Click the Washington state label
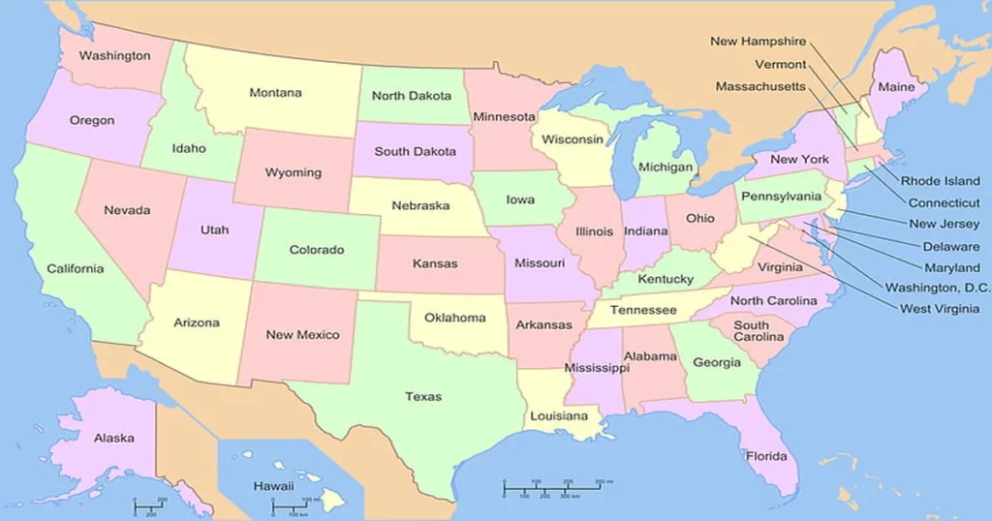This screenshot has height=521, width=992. coord(114,56)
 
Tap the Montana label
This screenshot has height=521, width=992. coord(275,93)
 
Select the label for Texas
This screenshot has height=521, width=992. coord(422,396)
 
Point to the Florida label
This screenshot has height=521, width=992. coord(765,456)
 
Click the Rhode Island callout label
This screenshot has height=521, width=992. coord(940,181)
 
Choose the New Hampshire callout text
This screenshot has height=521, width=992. coord(758,42)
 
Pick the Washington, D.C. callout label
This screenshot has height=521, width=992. coord(938,288)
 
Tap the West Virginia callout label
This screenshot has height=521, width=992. coord(945,309)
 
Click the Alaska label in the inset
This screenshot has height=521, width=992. coord(113,438)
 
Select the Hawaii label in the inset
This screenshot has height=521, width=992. coord(273,485)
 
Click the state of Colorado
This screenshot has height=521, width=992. coord(317,250)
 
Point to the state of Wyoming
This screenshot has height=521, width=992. coord(294,172)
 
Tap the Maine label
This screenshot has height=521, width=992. coord(896,87)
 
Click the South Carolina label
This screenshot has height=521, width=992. coord(759,331)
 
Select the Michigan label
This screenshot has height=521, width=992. coord(666,167)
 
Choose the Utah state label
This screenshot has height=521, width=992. coord(214,230)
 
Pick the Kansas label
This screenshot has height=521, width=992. coord(435,263)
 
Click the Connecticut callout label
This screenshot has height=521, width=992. coord(944,203)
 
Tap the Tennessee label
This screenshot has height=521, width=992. coord(643,310)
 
